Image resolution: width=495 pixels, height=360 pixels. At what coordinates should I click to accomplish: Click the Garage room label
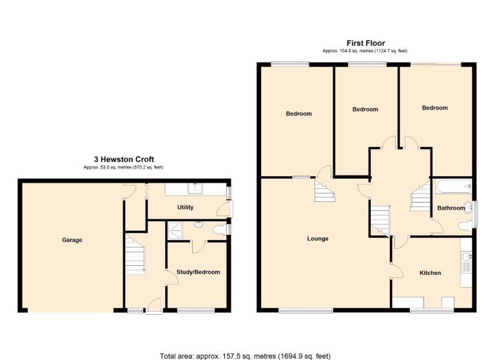click(72, 240)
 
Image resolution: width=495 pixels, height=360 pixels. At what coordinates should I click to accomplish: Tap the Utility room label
click(186, 207)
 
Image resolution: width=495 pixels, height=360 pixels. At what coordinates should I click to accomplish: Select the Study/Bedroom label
click(199, 272)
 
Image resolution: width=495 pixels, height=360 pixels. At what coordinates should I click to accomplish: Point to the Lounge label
click(318, 239)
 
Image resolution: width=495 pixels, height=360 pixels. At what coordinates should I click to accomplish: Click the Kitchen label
click(431, 273)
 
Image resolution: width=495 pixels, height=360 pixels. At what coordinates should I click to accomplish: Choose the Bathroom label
click(451, 208)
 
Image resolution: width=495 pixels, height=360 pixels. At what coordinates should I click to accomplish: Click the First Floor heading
click(366, 43)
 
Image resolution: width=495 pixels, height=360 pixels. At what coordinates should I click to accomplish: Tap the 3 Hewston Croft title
click(124, 159)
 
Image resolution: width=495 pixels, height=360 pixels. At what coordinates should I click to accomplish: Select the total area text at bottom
click(245, 356)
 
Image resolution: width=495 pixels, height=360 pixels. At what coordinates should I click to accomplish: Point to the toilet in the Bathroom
click(464, 226)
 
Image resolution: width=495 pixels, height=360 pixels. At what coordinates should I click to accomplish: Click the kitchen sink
click(466, 262)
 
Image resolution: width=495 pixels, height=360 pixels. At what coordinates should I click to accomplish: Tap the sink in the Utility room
click(196, 188)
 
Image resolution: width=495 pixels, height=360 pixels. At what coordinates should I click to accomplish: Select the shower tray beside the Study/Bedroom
click(175, 231)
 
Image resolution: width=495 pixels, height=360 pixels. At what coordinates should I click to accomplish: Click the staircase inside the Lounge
click(325, 190)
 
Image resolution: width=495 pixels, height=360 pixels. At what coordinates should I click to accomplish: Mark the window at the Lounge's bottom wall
click(306, 311)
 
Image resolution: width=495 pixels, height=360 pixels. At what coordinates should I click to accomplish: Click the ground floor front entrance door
click(155, 306)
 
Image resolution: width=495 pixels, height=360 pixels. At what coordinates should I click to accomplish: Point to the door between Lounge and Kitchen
click(397, 270)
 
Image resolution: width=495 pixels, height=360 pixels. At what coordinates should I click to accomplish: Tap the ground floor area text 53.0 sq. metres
click(124, 168)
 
